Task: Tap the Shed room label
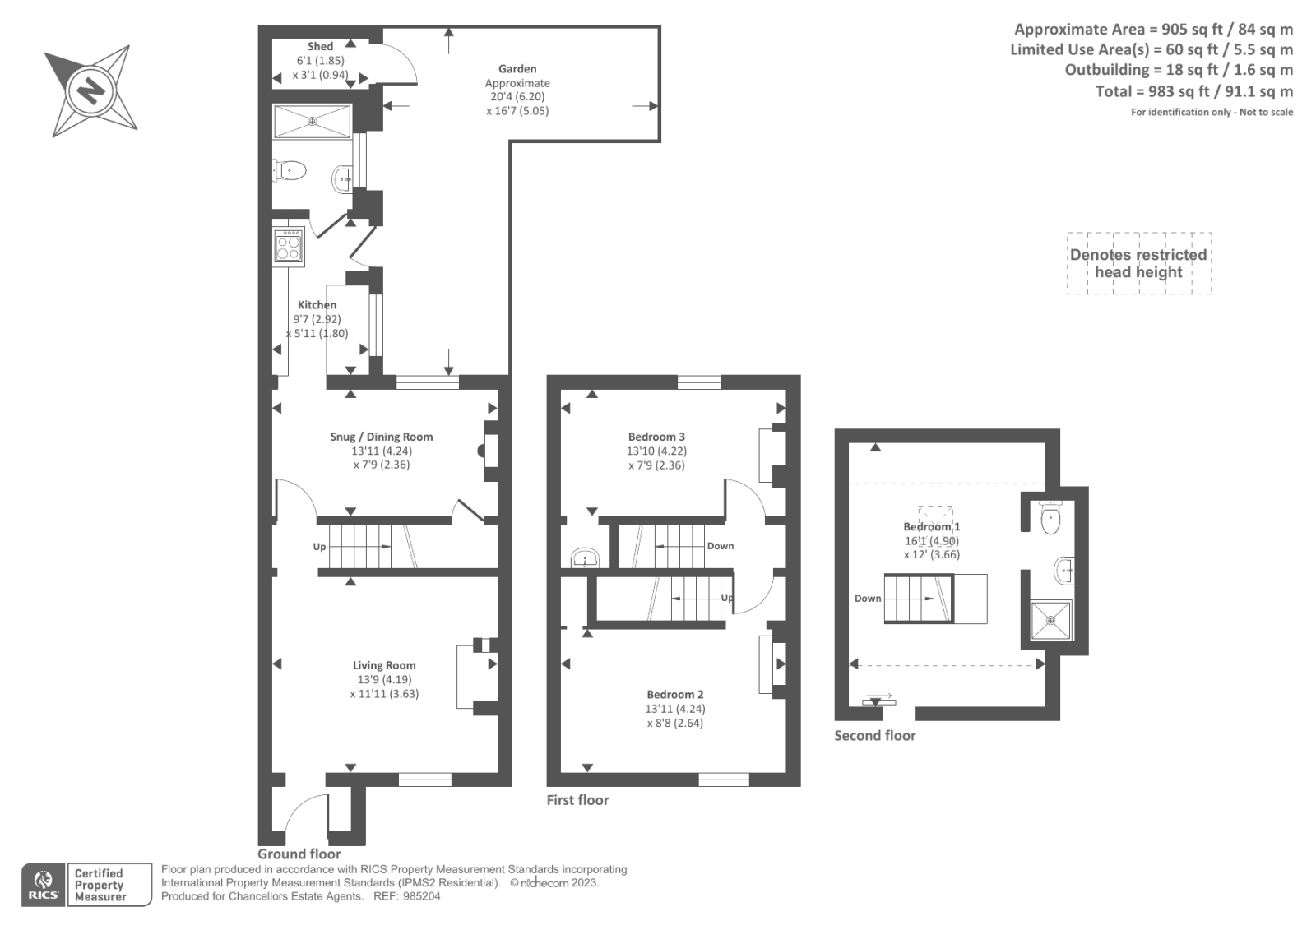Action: (x=320, y=46)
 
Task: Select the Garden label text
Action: (x=517, y=69)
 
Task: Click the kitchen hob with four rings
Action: (x=289, y=245)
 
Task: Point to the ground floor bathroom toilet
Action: (x=290, y=171)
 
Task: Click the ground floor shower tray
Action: (x=312, y=122)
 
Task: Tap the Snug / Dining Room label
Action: (x=381, y=437)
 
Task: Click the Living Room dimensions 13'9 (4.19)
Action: (x=384, y=679)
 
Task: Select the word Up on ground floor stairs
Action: (x=319, y=547)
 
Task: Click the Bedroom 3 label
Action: (x=656, y=437)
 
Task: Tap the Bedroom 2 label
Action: (x=674, y=694)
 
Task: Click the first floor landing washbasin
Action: (x=586, y=559)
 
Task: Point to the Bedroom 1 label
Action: (x=931, y=526)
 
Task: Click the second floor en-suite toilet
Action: (x=1050, y=518)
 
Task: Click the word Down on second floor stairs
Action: (x=867, y=599)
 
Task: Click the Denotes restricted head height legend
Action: (x=1138, y=263)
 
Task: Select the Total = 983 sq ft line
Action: (x=1193, y=91)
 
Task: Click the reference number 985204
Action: (x=421, y=896)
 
